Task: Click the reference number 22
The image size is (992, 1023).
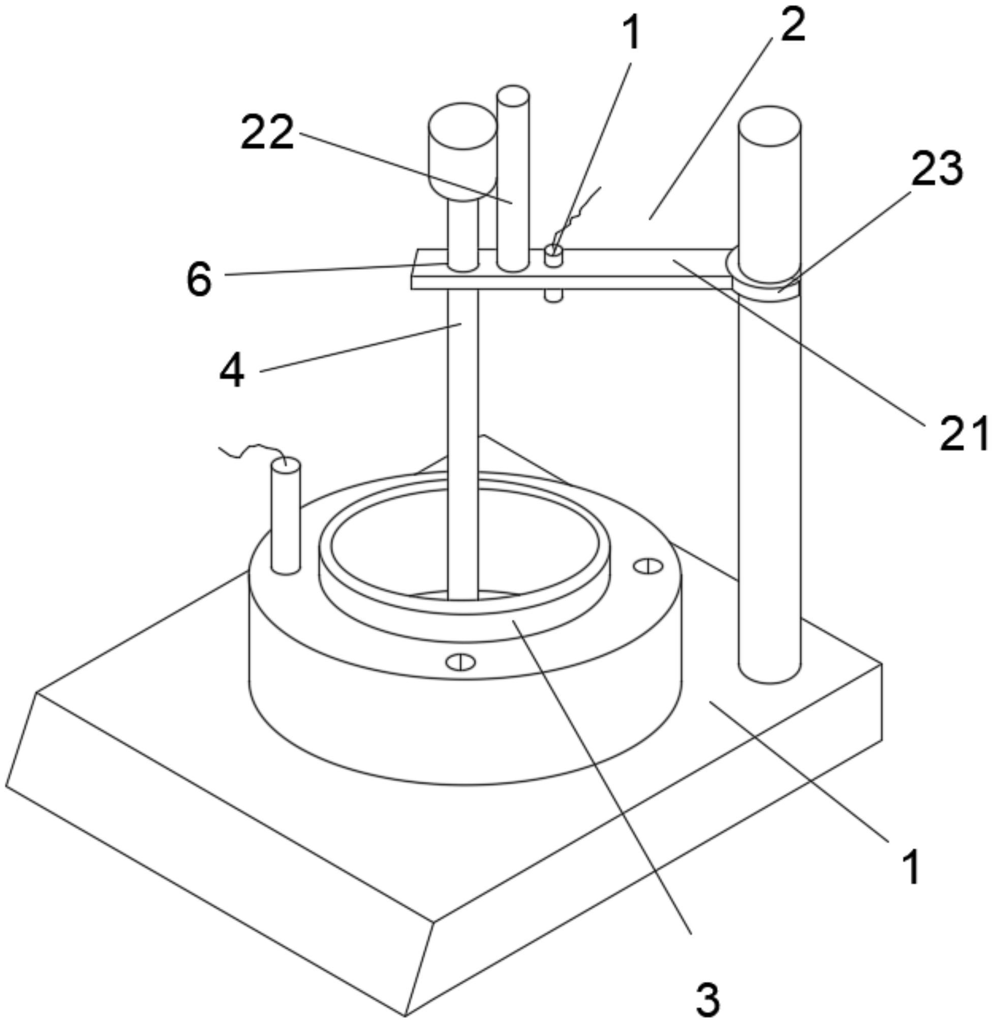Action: tap(267, 133)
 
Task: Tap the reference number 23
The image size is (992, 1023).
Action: tap(937, 168)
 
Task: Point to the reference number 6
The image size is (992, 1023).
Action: tap(199, 279)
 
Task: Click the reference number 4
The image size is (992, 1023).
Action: tap(232, 372)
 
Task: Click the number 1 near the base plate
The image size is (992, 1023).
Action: tap(912, 867)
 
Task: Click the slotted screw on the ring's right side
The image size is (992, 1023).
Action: tap(647, 566)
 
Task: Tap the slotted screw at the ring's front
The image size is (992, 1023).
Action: tap(460, 662)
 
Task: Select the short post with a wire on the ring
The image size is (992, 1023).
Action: tap(286, 517)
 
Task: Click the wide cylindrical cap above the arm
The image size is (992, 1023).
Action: tap(462, 151)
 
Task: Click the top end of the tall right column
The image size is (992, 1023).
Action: tap(769, 125)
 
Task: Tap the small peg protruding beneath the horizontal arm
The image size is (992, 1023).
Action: tap(553, 296)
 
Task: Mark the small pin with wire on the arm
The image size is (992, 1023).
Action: tap(552, 256)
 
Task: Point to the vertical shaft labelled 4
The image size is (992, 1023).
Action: tap(462, 443)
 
